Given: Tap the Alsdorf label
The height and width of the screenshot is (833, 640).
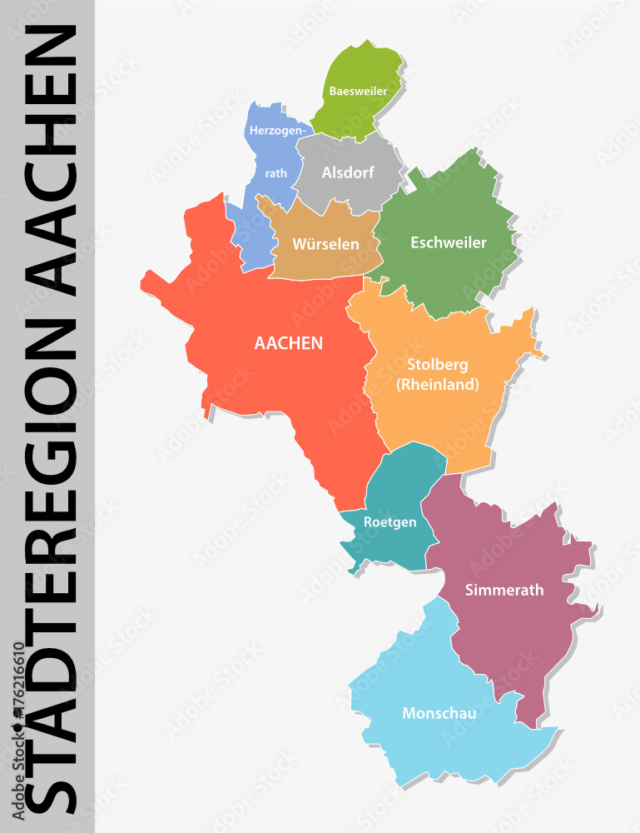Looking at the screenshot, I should click(x=349, y=173).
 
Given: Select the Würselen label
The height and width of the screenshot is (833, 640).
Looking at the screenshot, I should click(x=325, y=244).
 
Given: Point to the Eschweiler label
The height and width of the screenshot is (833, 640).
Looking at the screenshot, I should click(x=449, y=242).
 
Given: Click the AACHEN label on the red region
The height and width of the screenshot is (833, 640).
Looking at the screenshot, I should click(x=289, y=342).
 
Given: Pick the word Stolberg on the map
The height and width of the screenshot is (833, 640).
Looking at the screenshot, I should click(x=438, y=365).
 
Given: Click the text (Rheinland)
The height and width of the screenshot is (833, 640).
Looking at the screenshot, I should click(x=438, y=384).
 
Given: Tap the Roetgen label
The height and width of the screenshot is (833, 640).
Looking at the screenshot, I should click(x=388, y=522).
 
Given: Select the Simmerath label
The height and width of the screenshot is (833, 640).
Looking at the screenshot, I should click(x=504, y=590).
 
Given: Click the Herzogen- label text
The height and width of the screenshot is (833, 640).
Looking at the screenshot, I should click(x=278, y=130).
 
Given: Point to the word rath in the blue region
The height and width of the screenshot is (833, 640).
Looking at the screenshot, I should click(x=275, y=173).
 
